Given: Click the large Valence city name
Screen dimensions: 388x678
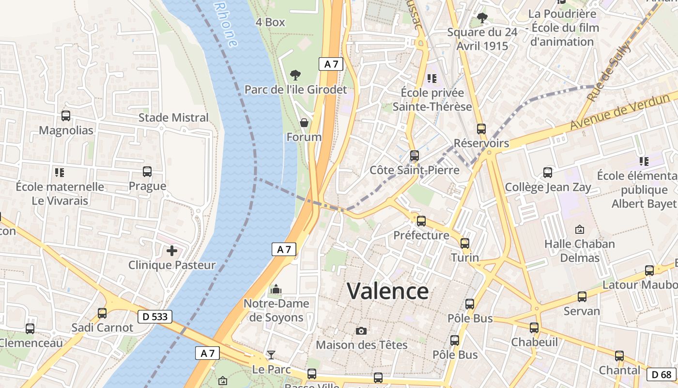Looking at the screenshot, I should [387, 291].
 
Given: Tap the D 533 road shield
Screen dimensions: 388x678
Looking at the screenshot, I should [155, 317].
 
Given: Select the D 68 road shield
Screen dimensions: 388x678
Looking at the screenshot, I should [662, 374].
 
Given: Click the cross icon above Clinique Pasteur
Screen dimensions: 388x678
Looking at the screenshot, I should [171, 251].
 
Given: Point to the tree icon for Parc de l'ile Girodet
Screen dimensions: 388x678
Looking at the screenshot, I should [295, 75].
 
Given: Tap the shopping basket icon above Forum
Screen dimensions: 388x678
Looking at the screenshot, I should [304, 123].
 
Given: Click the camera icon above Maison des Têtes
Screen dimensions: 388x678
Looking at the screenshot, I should [361, 331].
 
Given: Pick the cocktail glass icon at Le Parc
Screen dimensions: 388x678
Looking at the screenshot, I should [271, 355].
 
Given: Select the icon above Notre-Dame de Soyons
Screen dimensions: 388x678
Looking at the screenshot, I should [276, 290].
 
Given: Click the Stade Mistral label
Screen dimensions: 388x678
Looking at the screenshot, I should [173, 117].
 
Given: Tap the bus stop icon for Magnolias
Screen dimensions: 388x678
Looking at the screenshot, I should [66, 116].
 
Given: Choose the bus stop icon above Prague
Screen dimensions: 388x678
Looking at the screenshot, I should [147, 172].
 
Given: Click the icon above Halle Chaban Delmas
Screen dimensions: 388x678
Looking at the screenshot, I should [579, 229].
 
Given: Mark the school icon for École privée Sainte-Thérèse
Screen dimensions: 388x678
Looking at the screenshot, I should [432, 78].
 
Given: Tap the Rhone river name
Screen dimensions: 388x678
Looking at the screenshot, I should [226, 24].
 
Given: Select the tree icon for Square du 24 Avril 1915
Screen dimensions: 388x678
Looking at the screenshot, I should [482, 18].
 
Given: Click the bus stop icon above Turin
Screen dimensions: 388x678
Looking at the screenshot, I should [465, 243].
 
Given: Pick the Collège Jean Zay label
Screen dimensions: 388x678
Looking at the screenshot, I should [548, 187].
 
